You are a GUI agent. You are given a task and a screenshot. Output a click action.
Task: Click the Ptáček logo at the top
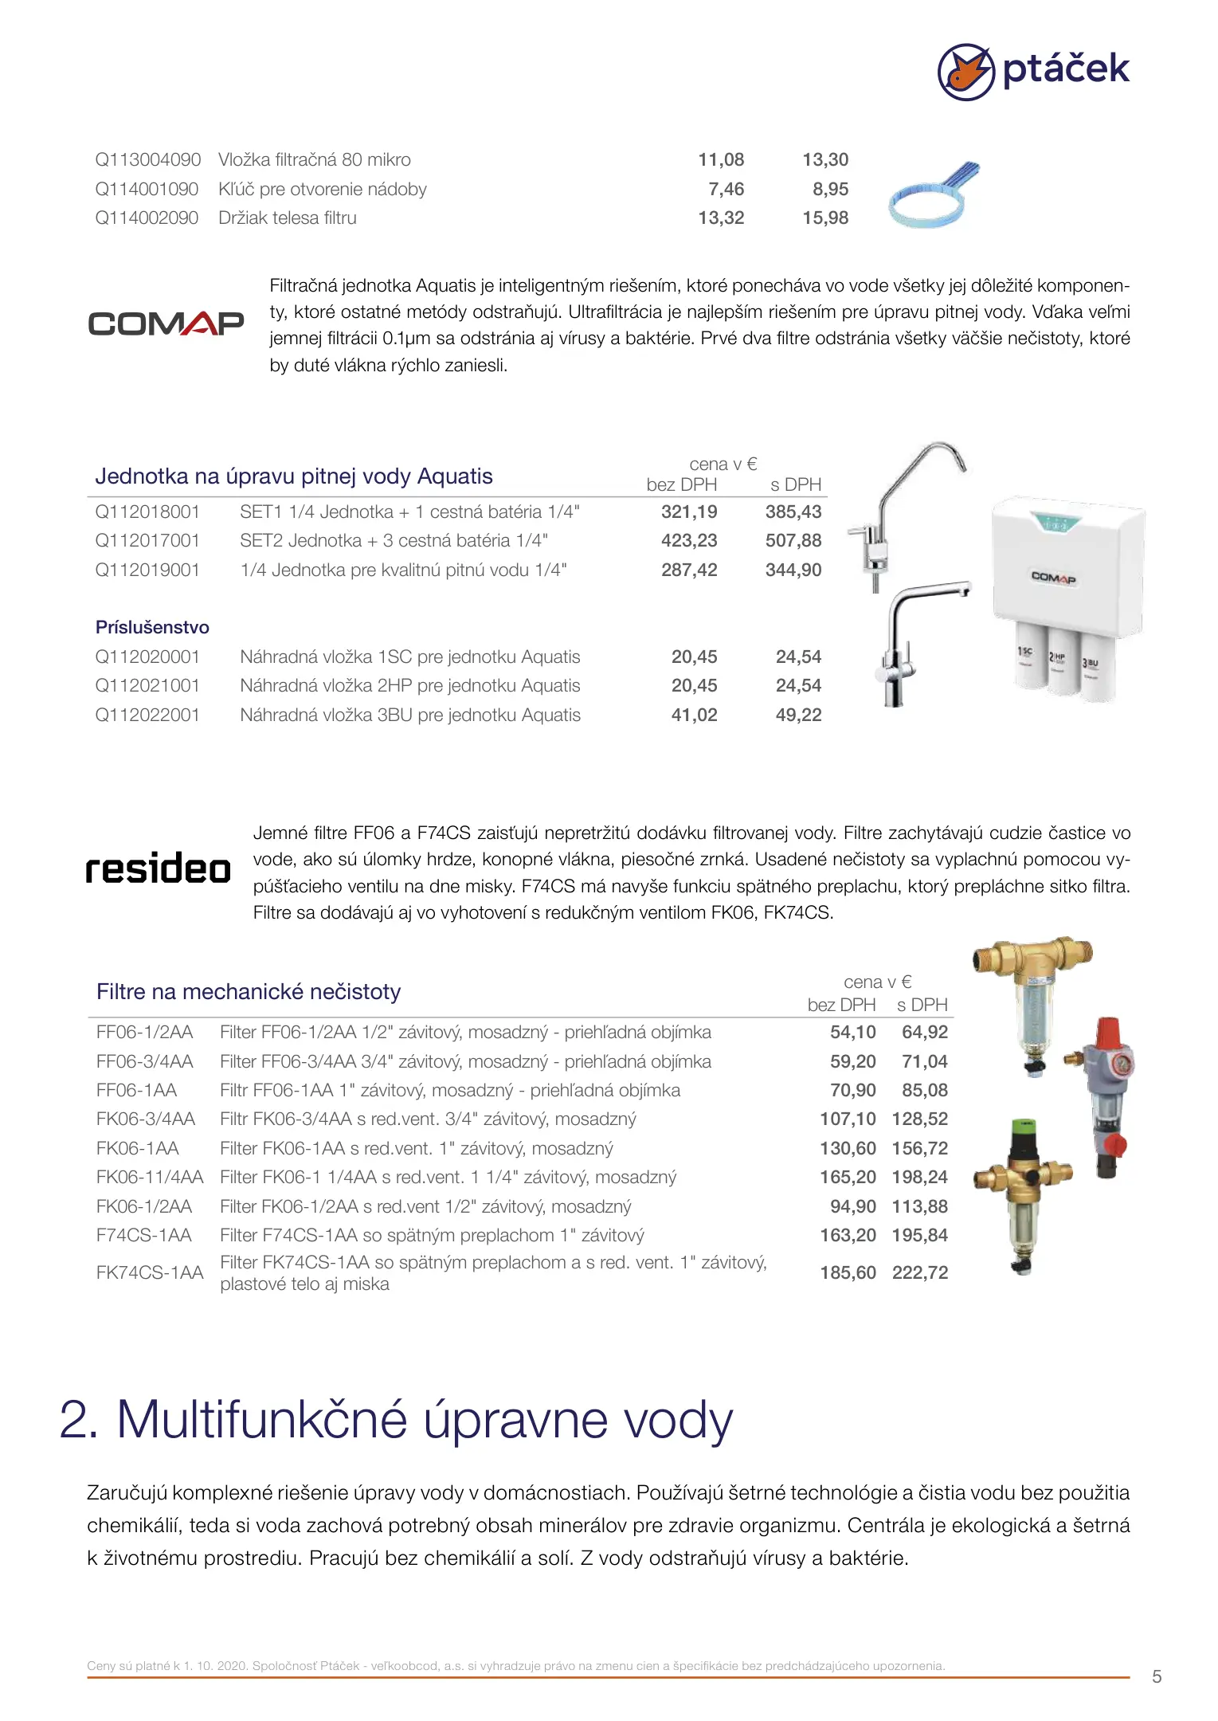tap(1033, 71)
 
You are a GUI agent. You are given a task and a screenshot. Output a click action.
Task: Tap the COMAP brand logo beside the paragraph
tap(166, 323)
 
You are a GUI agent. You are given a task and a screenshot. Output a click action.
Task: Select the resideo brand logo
tap(158, 868)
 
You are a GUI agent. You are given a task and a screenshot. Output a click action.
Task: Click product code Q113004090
tap(148, 160)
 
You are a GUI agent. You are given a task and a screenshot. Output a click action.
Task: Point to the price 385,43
tap(793, 512)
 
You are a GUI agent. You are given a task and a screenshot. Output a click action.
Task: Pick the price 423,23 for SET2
tap(689, 541)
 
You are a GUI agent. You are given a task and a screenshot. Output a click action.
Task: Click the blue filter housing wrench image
tap(932, 196)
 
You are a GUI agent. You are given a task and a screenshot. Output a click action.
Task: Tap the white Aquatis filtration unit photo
tap(1068, 598)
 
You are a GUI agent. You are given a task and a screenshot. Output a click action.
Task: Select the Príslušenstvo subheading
tap(152, 628)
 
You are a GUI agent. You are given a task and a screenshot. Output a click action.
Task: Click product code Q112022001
tap(147, 715)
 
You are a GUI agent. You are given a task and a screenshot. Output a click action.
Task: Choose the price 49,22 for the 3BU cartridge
tap(798, 715)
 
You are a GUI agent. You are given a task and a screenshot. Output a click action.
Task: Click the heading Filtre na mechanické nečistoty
tap(249, 992)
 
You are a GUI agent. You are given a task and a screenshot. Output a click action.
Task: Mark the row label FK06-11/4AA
tap(150, 1178)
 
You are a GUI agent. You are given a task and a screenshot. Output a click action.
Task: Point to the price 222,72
tap(920, 1273)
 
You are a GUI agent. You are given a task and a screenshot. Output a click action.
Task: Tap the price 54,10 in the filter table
tap(852, 1033)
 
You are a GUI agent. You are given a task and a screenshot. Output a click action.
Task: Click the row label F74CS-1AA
tap(144, 1236)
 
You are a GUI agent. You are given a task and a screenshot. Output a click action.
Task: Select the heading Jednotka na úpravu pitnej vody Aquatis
tap(294, 476)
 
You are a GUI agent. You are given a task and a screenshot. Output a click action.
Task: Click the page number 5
tap(1157, 1676)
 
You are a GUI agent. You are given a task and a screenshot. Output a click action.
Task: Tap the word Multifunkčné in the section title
tap(262, 1420)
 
